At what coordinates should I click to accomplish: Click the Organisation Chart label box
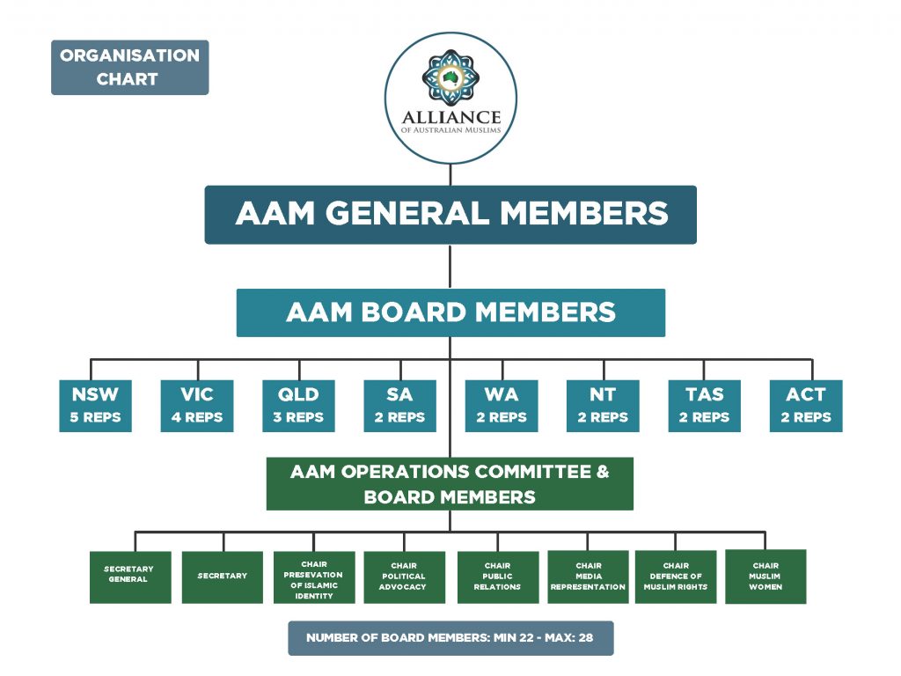coord(129,67)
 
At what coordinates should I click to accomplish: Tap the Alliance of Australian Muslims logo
coord(450,98)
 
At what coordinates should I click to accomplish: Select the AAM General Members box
coord(450,214)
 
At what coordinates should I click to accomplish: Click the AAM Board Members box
coord(450,312)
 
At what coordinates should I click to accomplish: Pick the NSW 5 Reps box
coord(95,406)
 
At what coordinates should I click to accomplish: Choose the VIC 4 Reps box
coord(197,406)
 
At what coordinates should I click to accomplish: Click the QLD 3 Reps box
coord(298,406)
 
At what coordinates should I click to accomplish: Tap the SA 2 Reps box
coord(399,406)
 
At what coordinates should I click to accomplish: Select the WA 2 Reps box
coord(501,406)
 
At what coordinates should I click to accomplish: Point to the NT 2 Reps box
coord(603,406)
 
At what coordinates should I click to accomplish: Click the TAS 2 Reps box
coord(704,406)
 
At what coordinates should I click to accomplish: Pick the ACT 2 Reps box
coord(806,406)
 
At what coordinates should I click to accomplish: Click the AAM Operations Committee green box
coord(450,483)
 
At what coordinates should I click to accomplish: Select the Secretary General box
coord(129,577)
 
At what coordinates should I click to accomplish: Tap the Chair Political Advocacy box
coord(404,577)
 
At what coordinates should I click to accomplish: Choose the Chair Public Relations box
coord(497,577)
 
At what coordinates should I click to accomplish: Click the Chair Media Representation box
coord(588,577)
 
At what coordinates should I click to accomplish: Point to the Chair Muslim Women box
coord(765,577)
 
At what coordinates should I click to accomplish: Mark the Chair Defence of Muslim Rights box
coord(676,577)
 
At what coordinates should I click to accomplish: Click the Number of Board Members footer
coord(450,638)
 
